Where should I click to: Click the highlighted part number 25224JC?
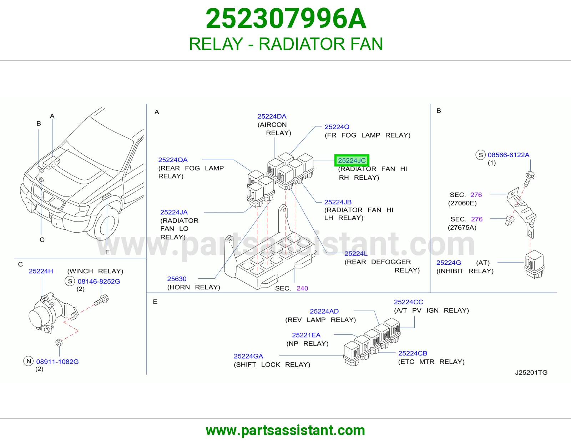[352, 160]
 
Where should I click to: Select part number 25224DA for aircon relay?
[272, 116]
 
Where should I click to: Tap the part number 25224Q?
[337, 127]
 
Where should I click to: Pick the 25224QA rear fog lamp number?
[173, 160]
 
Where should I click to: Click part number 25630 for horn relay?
[177, 279]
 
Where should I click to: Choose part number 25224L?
[356, 253]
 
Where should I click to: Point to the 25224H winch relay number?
[41, 271]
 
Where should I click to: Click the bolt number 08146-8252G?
[99, 281]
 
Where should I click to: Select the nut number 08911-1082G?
[57, 362]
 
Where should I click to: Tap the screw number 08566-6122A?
[509, 155]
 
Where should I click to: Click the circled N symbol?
[29, 361]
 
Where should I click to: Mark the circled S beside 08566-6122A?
[481, 155]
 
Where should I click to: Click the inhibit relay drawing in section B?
[534, 265]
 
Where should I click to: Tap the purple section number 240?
[302, 288]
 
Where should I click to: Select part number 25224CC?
[408, 302]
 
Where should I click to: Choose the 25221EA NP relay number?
[306, 335]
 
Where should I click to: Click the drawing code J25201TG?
[531, 372]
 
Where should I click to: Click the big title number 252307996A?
[285, 19]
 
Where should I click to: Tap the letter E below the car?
[107, 252]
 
